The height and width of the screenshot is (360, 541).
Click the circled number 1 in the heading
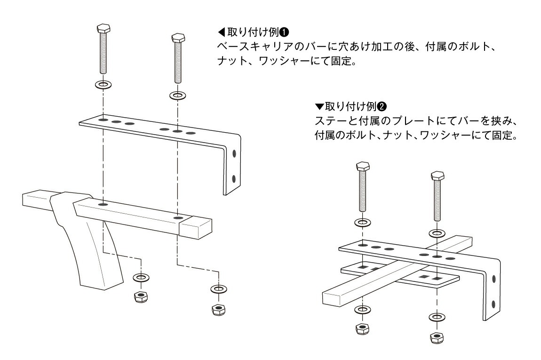pyautogui.click(x=284, y=32)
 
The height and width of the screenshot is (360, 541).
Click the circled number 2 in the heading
pyautogui.click(x=382, y=106)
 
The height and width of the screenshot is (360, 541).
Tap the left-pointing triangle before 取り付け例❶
pyautogui.click(x=221, y=32)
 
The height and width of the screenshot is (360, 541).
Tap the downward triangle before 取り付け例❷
pyautogui.click(x=319, y=106)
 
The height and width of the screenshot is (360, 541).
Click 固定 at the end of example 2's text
pyautogui.click(x=502, y=135)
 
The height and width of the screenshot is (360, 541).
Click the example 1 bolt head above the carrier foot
pyautogui.click(x=103, y=28)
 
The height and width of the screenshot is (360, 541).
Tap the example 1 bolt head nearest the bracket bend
pyautogui.click(x=178, y=37)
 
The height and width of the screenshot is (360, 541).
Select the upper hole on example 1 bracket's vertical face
pyautogui.click(x=234, y=153)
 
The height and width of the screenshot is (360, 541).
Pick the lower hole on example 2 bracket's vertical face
pyautogui.click(x=494, y=304)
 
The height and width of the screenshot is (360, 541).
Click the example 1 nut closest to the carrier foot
pyautogui.click(x=141, y=296)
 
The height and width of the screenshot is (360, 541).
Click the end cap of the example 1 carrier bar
pyautogui.click(x=196, y=228)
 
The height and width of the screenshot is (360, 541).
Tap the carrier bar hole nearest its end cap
pyautogui.click(x=178, y=218)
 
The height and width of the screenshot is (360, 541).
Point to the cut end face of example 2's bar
pyautogui.click(x=333, y=298)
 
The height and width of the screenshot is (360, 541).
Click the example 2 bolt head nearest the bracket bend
pyautogui.click(x=438, y=176)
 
